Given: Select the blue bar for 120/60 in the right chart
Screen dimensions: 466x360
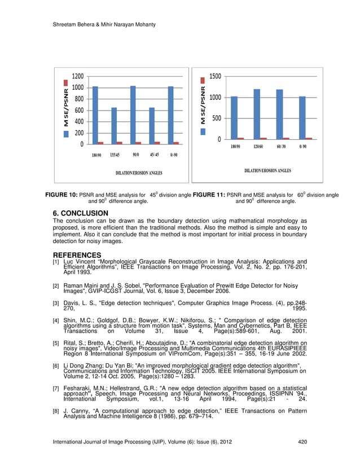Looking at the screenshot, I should (x=257, y=113).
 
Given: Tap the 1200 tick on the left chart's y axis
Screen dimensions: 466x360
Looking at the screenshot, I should (x=77, y=76).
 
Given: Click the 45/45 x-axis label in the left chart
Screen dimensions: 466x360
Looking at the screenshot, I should (x=153, y=155).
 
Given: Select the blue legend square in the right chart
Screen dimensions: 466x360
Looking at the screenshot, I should (x=204, y=131).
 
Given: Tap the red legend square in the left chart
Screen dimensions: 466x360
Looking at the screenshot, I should (x=67, y=122).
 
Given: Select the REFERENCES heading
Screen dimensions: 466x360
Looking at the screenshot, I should (x=77, y=255).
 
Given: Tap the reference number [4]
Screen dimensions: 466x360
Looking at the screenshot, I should (x=56, y=321).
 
